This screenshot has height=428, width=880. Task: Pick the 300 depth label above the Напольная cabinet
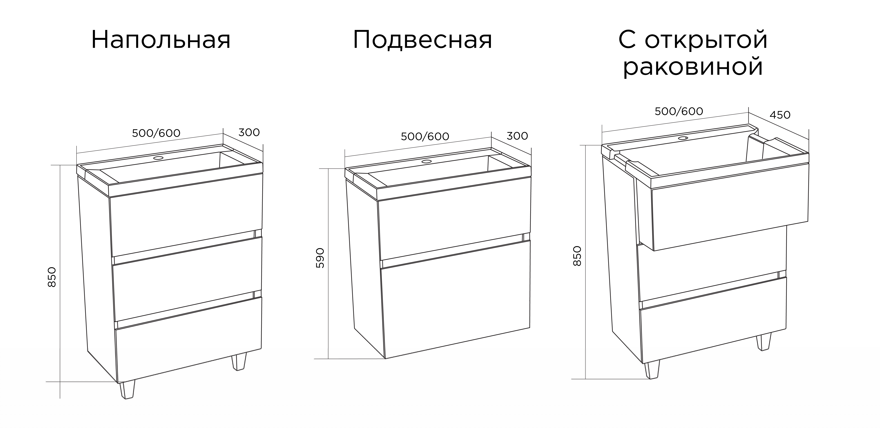tap(249, 132)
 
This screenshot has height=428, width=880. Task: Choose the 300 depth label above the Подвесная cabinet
tap(517, 136)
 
